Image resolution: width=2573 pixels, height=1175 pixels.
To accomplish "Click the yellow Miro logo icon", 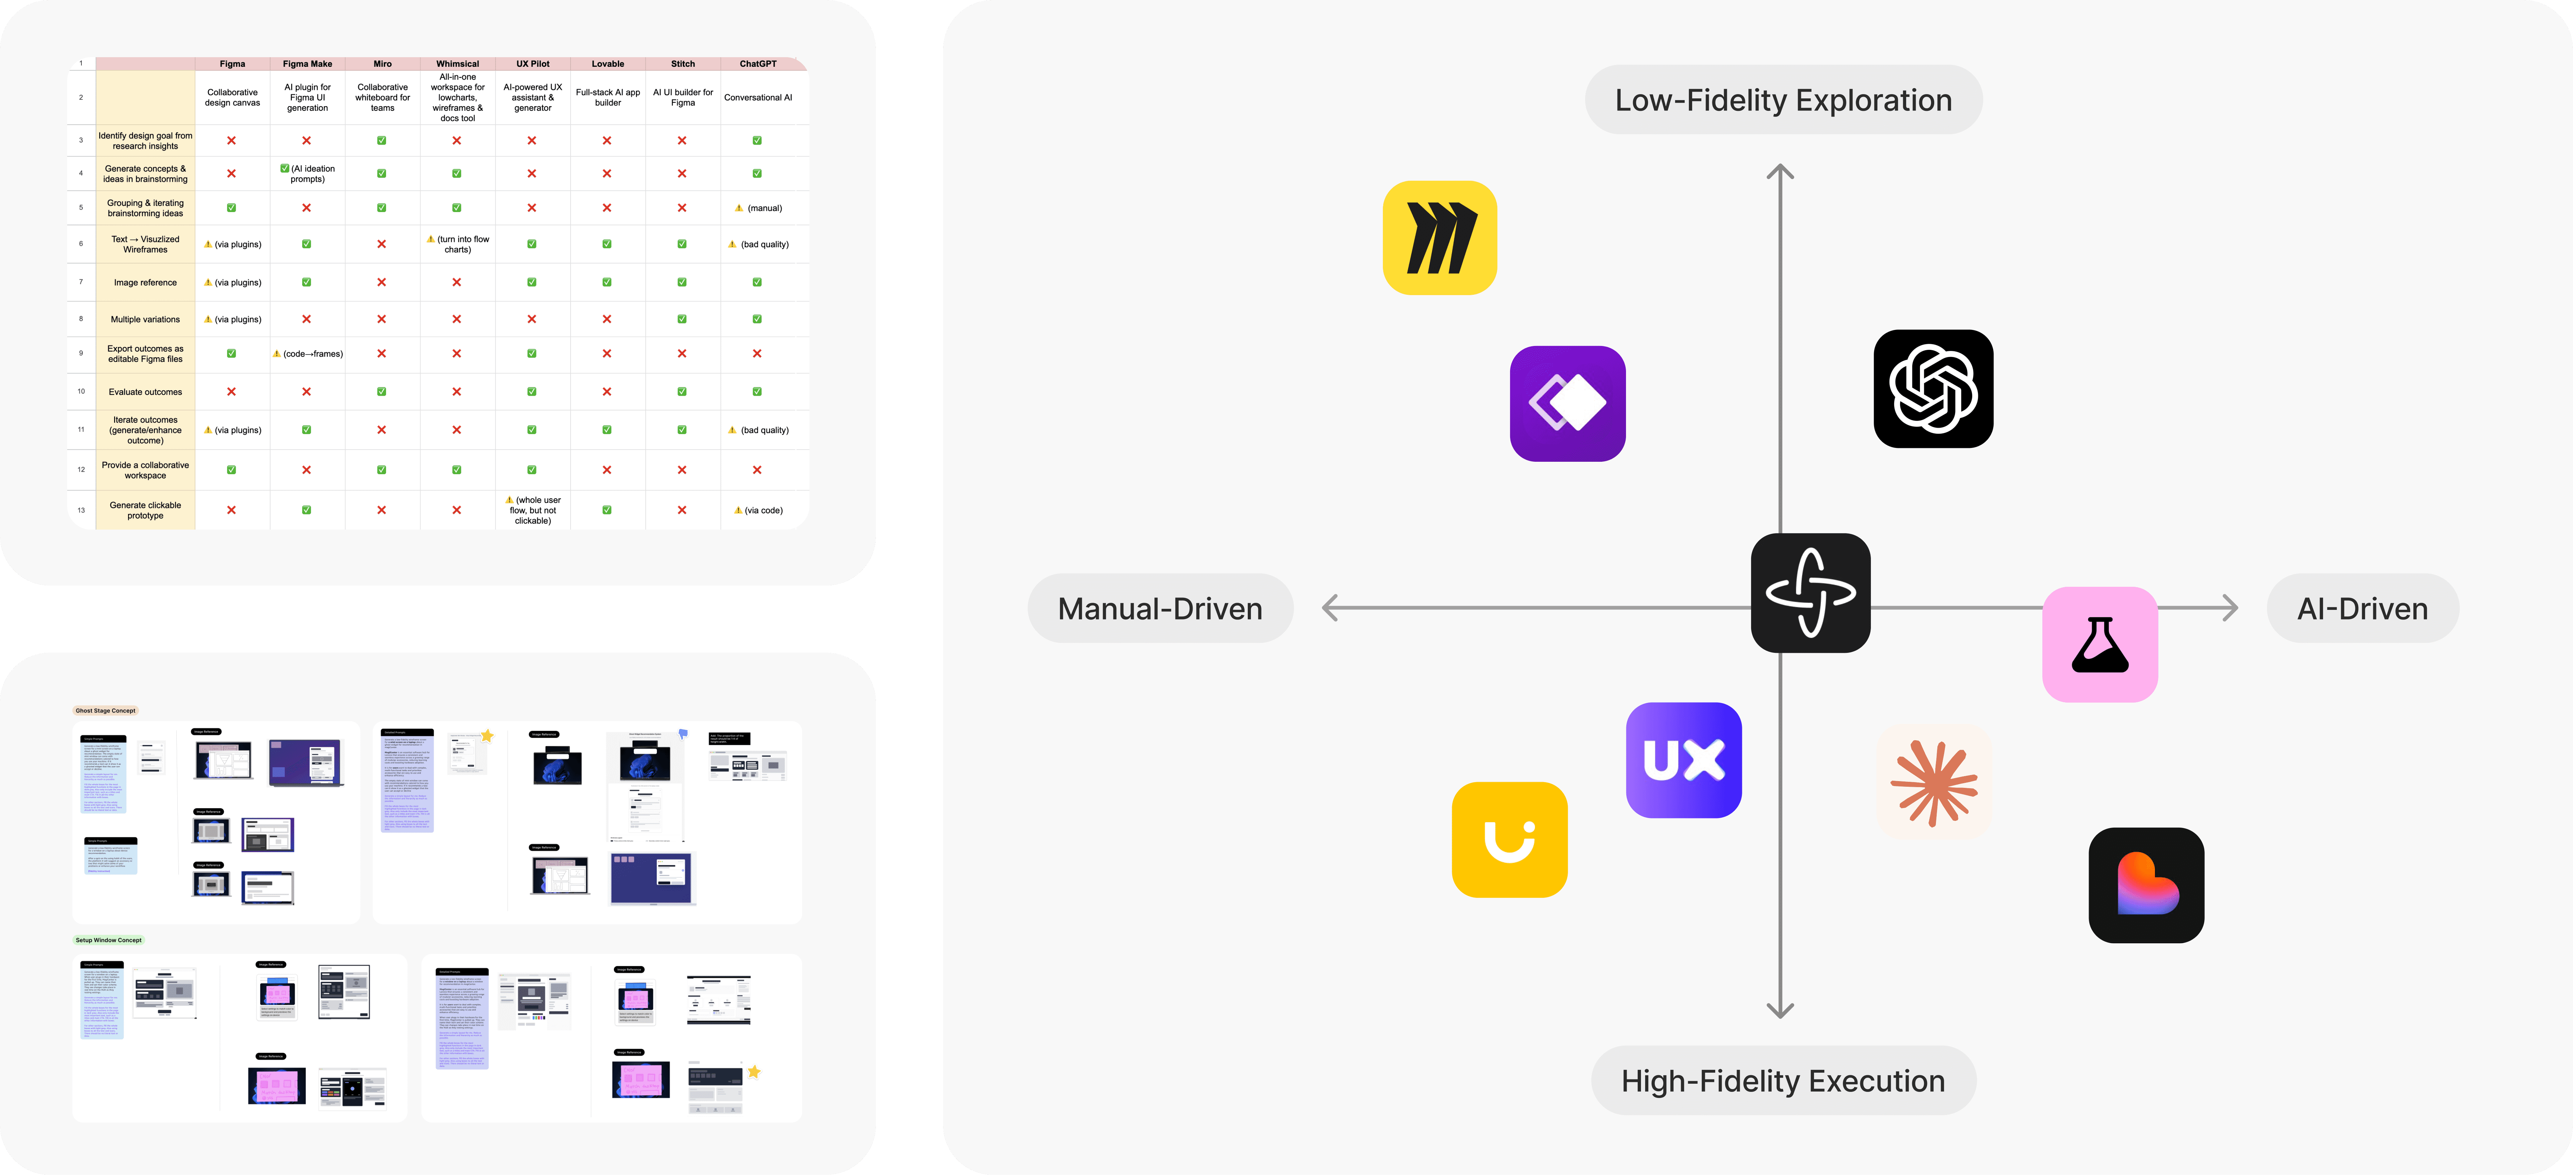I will pyautogui.click(x=1439, y=238).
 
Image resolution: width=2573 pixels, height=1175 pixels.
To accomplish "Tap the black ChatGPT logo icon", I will pyautogui.click(x=1933, y=388).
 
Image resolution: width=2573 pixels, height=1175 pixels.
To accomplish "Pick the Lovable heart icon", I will pyautogui.click(x=2145, y=884).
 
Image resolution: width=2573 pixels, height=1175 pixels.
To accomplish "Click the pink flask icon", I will pyautogui.click(x=2099, y=644).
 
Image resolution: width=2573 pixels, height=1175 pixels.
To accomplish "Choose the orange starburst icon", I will pyautogui.click(x=1934, y=782).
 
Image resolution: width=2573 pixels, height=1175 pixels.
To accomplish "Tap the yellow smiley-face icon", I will pyautogui.click(x=1509, y=840).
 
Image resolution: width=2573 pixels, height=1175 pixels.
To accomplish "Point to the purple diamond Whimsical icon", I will pyautogui.click(x=1567, y=403).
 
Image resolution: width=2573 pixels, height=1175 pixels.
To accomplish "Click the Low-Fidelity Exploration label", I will pyautogui.click(x=1783, y=100).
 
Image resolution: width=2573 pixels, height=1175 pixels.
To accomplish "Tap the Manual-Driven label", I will pyautogui.click(x=1160, y=608).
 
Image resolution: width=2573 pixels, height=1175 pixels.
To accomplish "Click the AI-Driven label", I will pyautogui.click(x=2362, y=608).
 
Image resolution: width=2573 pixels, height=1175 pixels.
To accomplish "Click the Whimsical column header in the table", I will pyautogui.click(x=458, y=64).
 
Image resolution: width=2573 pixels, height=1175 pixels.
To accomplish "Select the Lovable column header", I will pyautogui.click(x=607, y=64).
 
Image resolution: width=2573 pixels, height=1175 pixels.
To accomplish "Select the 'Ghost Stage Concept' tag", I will pyautogui.click(x=106, y=711).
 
